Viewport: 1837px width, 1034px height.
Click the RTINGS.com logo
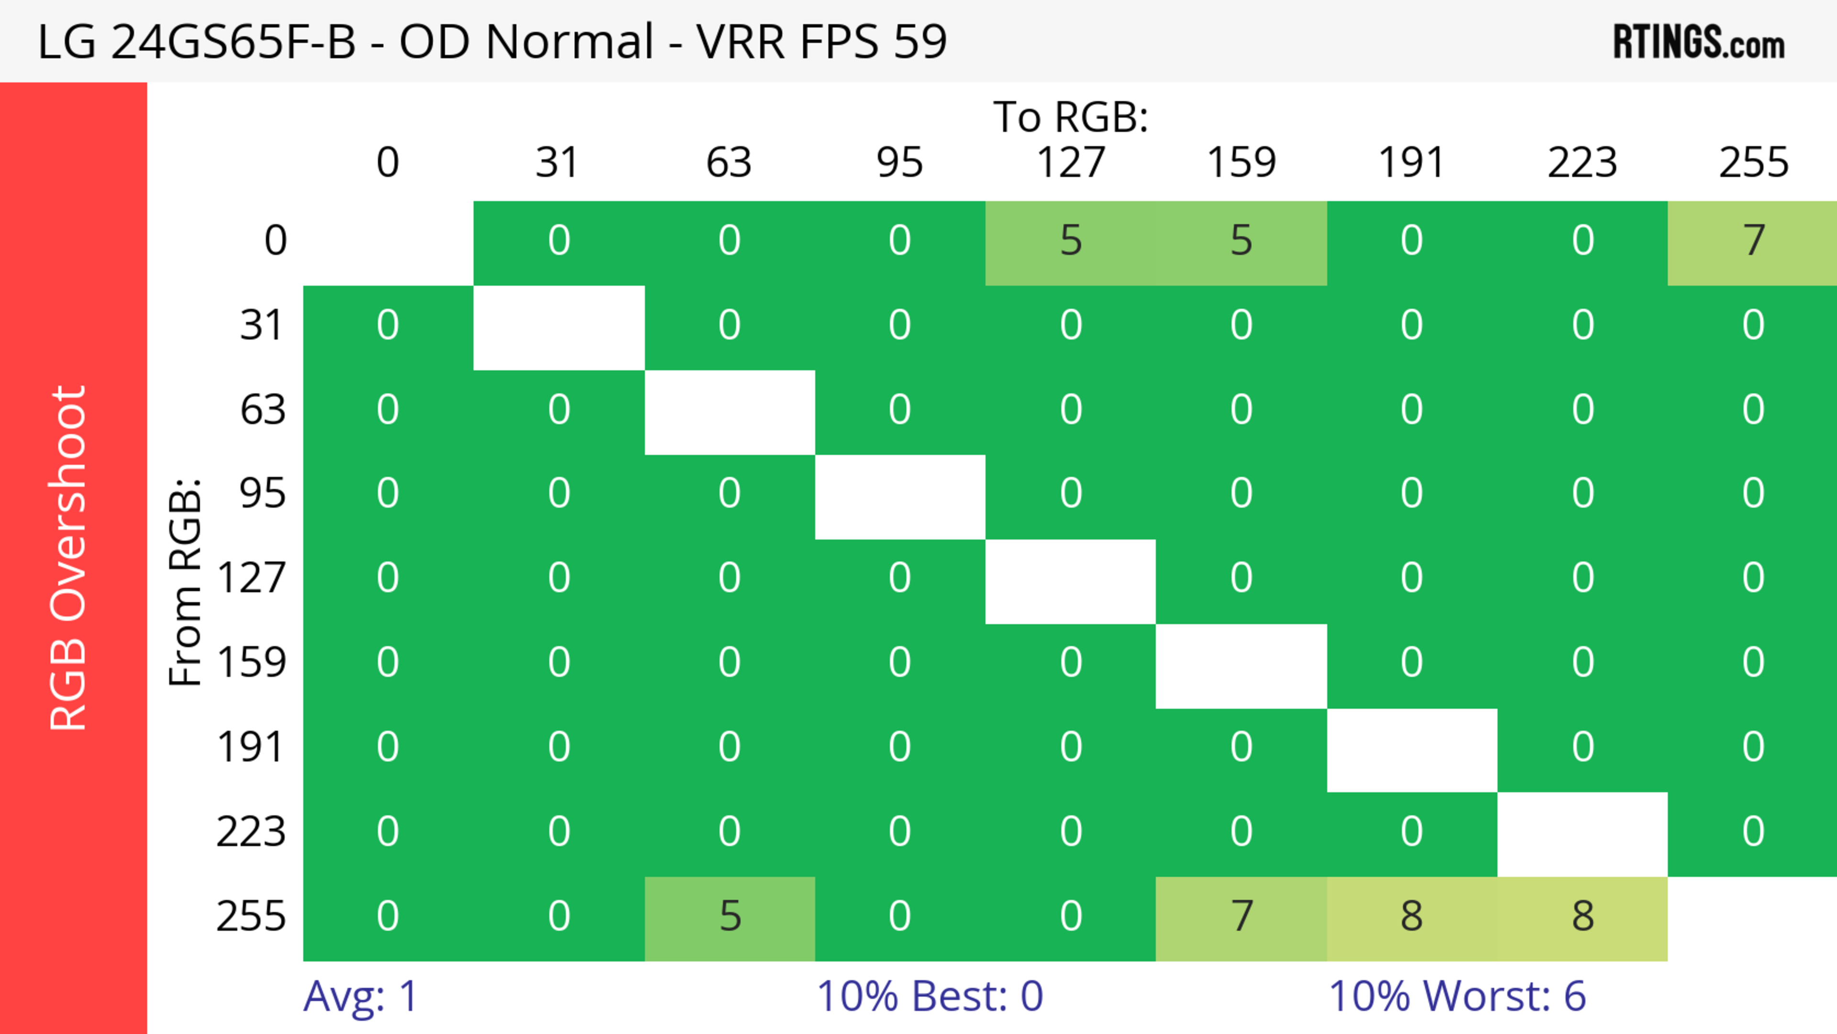tap(1699, 43)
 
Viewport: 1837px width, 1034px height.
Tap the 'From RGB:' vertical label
tap(185, 582)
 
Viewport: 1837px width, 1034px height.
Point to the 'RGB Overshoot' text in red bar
tap(68, 557)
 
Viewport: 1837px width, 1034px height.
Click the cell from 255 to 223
tap(1582, 918)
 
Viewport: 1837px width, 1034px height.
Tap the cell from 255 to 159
tap(1241, 918)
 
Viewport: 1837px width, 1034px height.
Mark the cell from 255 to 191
tap(1411, 918)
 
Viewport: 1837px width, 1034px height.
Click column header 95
tap(899, 163)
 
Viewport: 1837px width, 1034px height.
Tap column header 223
tap(1582, 163)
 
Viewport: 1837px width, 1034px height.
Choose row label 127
tap(252, 578)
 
